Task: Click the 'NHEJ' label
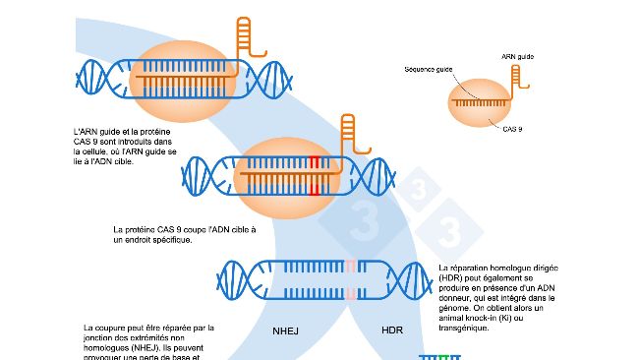(285, 330)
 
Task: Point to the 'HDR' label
(392, 330)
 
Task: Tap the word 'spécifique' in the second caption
(154, 240)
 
